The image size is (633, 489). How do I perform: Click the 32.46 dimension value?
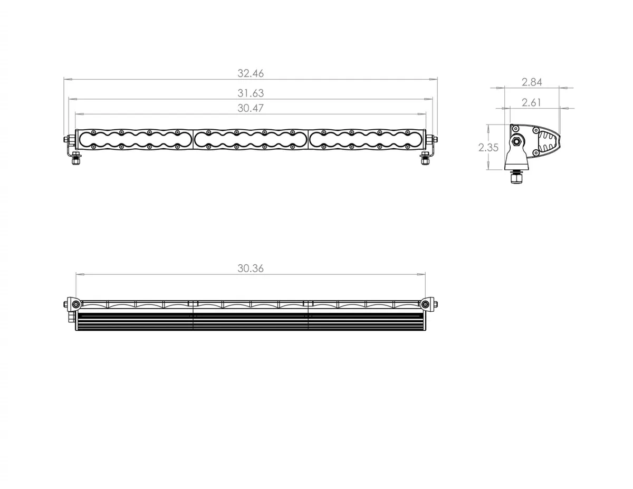point(251,73)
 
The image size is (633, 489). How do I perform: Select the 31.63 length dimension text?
point(251,93)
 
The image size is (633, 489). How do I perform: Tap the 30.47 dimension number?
point(251,108)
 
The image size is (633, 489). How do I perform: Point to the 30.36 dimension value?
point(251,268)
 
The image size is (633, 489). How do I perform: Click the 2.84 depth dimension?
point(532,82)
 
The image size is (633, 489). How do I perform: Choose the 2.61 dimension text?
point(532,103)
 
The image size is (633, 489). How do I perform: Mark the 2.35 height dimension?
point(488,148)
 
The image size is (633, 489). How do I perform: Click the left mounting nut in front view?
point(76,160)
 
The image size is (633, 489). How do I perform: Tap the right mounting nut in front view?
point(425,160)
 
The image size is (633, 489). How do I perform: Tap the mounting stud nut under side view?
point(516,179)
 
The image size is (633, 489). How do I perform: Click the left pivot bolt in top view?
point(76,304)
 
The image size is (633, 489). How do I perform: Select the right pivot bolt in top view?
point(425,304)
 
